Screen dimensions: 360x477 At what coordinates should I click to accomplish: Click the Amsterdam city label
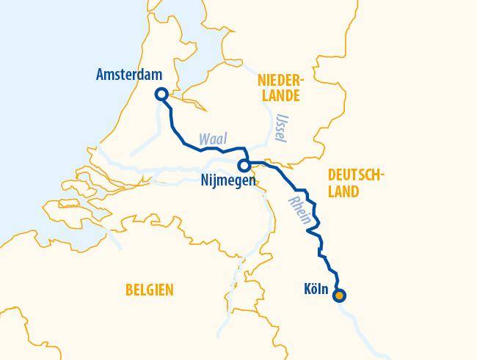[129, 75]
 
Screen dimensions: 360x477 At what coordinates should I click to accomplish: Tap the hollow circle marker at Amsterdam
[161, 94]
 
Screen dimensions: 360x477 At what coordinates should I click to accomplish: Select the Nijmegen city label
[227, 180]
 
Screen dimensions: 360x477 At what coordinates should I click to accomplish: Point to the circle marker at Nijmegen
[244, 166]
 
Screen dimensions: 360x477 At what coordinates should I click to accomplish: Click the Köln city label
[316, 289]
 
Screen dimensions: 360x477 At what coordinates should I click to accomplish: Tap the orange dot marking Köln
[339, 296]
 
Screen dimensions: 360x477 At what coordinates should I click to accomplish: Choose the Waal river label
[213, 139]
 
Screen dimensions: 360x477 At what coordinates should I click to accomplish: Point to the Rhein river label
[300, 210]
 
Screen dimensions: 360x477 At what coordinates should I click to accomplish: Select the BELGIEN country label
[150, 290]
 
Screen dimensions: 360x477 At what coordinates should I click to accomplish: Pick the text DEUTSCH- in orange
[355, 175]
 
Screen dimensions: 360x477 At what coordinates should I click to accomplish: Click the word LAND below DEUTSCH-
[343, 192]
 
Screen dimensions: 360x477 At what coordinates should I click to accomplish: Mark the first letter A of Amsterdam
[101, 75]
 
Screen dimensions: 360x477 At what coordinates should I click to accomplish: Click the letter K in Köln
[307, 289]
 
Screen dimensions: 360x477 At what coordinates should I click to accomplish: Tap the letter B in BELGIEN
[129, 290]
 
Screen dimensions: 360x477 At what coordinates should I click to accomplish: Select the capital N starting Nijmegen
[203, 180]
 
